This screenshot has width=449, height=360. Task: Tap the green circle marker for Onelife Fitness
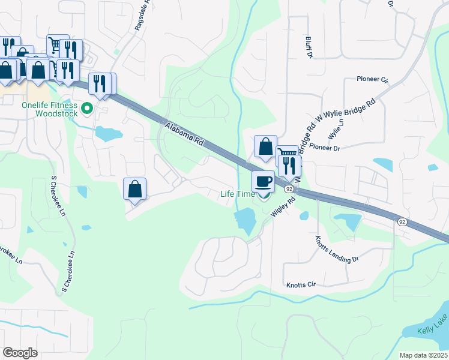tap(86, 109)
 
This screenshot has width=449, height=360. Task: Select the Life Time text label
tap(237, 194)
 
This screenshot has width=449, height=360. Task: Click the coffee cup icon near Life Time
tap(263, 181)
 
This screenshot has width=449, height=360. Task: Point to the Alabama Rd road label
tap(183, 133)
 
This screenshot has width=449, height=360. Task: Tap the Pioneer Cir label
tap(372, 79)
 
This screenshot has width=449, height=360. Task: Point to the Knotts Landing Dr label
tap(336, 250)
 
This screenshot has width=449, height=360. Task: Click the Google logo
tap(20, 353)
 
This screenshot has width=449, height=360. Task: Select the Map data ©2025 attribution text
tap(423, 355)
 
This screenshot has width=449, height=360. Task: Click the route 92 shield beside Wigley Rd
tap(289, 188)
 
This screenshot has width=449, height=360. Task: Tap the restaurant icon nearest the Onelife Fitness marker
tap(100, 83)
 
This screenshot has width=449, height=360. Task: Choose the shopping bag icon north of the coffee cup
tap(265, 146)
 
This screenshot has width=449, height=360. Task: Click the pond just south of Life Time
tap(246, 220)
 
